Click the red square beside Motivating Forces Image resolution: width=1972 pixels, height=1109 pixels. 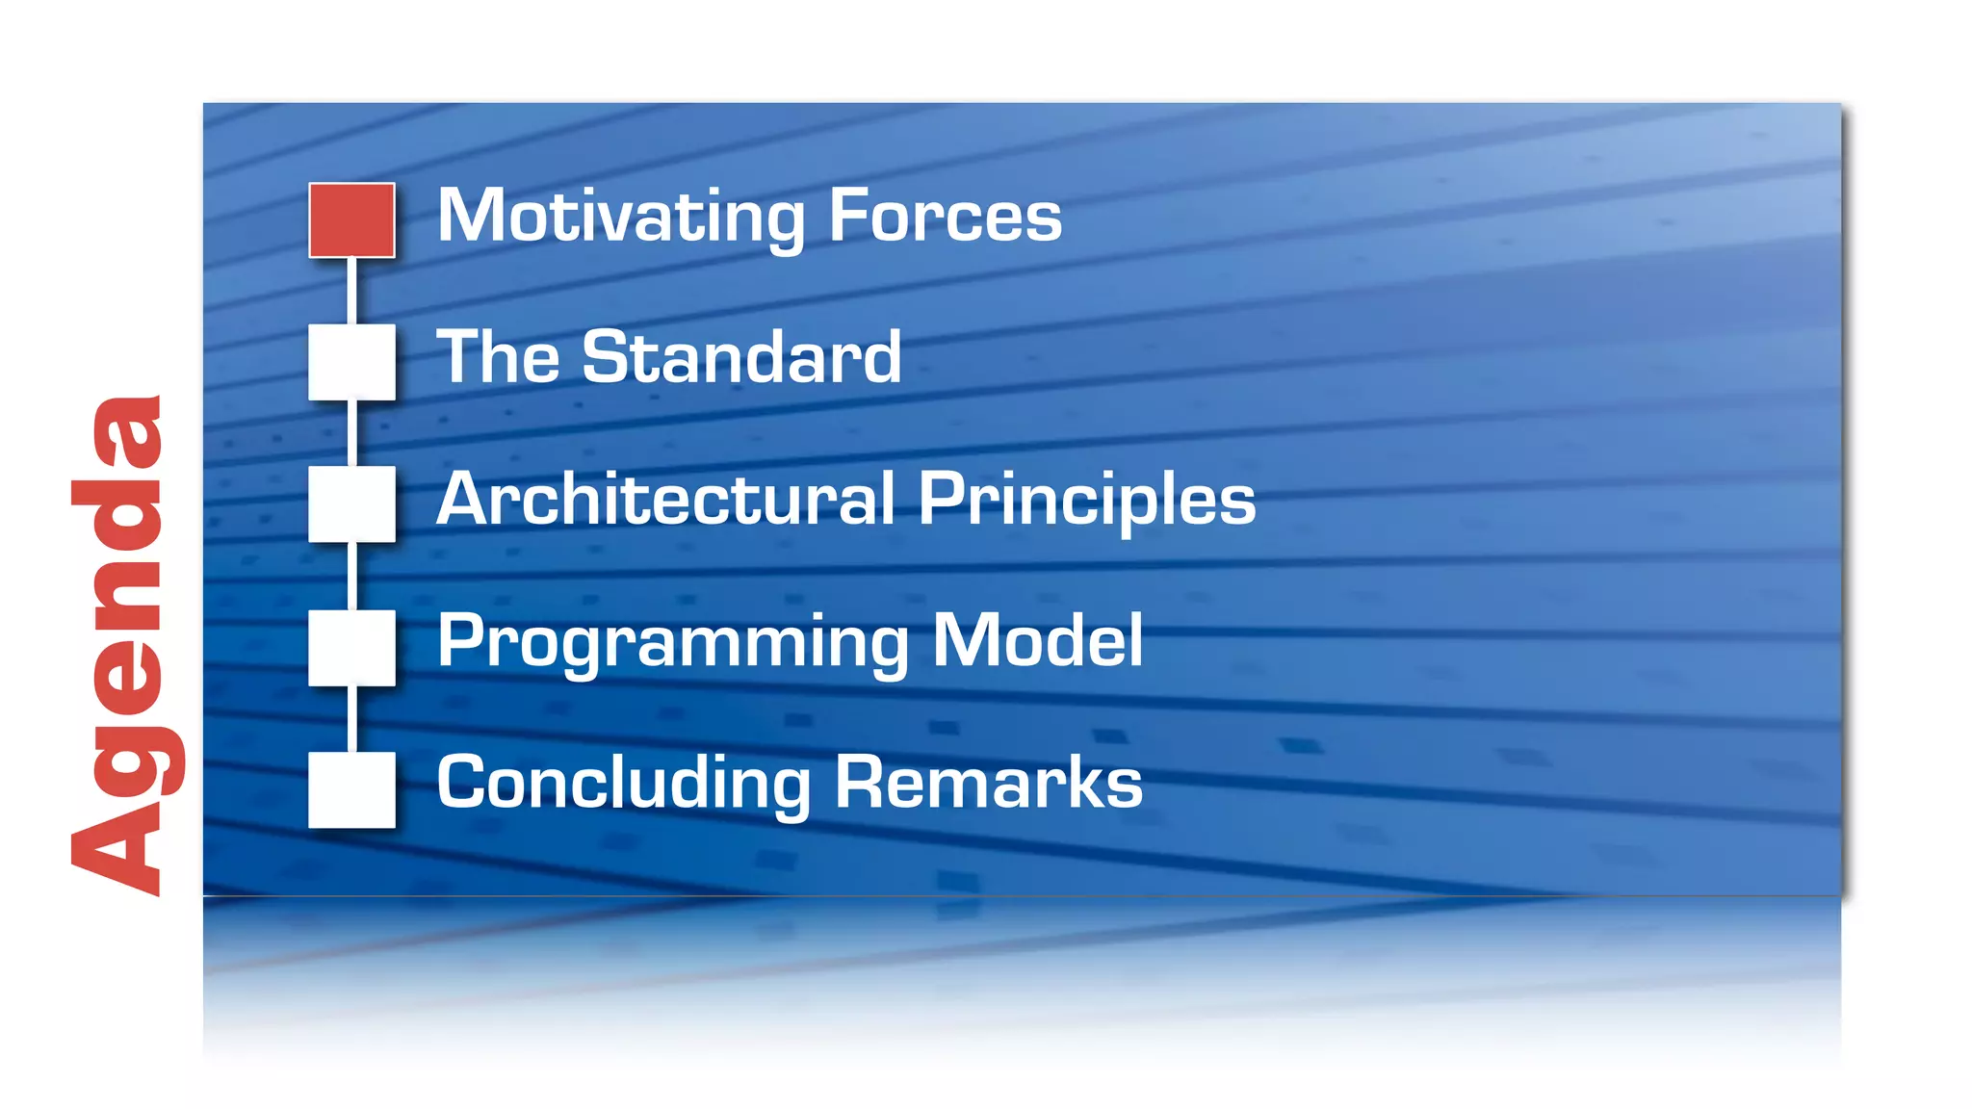(351, 220)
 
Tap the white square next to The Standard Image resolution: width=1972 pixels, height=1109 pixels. (351, 362)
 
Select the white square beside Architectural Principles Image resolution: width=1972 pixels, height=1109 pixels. (351, 503)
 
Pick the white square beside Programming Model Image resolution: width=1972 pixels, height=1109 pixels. (351, 647)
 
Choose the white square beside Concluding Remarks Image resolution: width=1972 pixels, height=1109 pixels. (351, 789)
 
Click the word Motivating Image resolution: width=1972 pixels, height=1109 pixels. (621, 217)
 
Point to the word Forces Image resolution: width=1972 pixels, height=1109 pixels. (945, 217)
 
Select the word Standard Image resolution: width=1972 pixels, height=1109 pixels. (741, 357)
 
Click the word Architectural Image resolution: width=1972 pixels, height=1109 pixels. (665, 500)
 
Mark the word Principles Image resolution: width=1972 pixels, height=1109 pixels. (1087, 500)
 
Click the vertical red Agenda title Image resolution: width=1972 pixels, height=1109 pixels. (119, 645)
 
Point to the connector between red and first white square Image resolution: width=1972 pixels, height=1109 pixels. (351, 291)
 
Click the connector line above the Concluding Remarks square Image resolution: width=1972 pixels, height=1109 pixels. (351, 718)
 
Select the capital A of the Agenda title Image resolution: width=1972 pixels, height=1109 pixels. (116, 848)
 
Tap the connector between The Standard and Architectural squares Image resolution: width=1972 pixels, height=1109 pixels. (351, 433)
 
